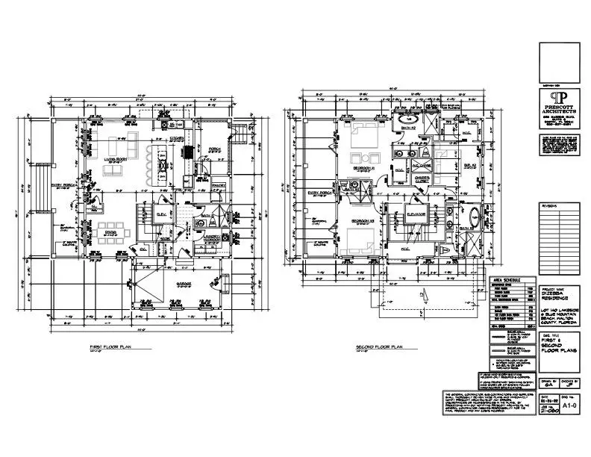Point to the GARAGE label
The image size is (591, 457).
(x=185, y=285)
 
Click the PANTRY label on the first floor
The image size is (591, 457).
(x=218, y=184)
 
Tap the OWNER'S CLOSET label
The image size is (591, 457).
(x=422, y=178)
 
